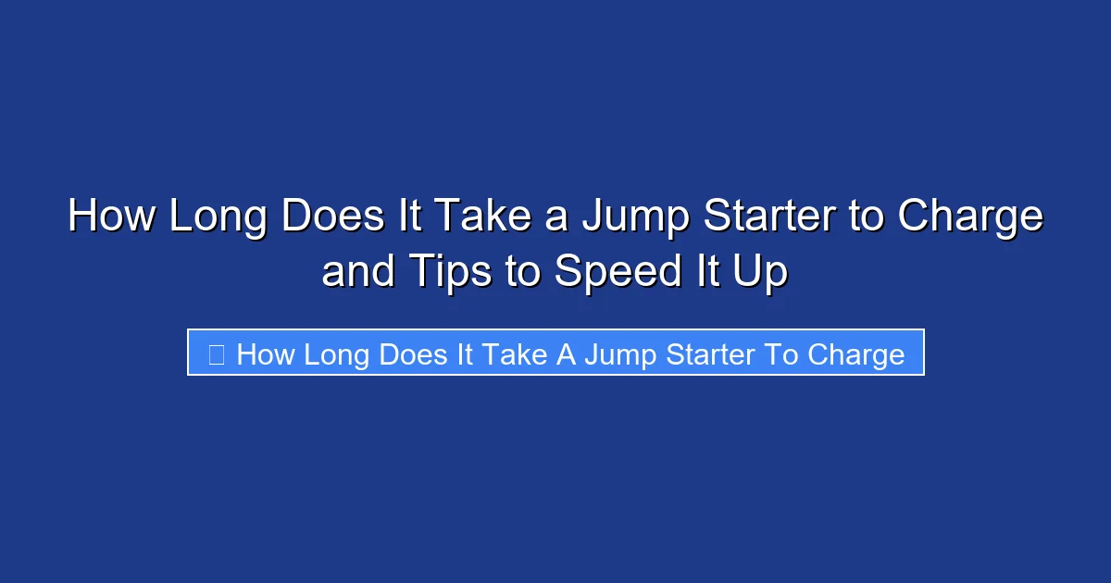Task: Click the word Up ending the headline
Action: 764,272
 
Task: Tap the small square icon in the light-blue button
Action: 216,354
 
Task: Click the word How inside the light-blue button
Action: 265,354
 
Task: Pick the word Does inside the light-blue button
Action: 414,354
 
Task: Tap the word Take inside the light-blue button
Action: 511,354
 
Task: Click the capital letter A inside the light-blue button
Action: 565,354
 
